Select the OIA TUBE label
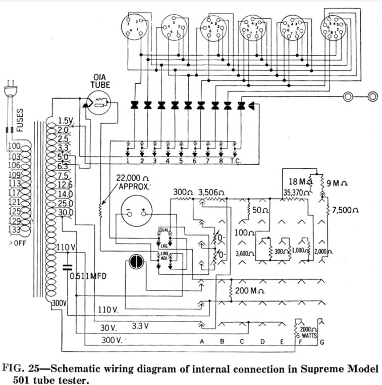click(x=100, y=80)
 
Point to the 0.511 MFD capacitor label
click(x=89, y=276)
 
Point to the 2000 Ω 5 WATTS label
click(x=305, y=332)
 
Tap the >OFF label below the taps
click(x=15, y=243)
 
